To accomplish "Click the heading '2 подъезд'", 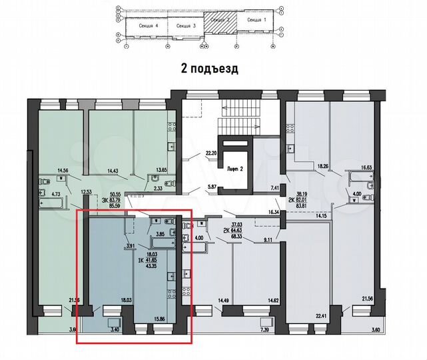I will (x=209, y=68).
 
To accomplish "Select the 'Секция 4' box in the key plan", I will (x=149, y=25).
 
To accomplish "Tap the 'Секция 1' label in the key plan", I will (x=256, y=21).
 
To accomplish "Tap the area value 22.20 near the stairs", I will (x=213, y=154).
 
